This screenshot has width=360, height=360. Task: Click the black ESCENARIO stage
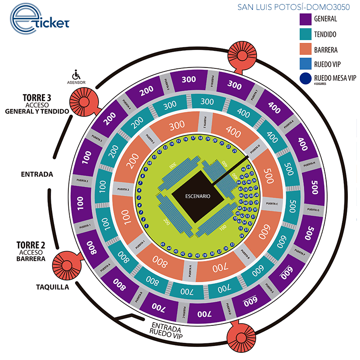(197, 197)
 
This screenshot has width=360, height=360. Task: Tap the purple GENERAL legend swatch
(308, 19)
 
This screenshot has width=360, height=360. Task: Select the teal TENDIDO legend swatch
(308, 34)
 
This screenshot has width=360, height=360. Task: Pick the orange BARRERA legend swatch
(308, 49)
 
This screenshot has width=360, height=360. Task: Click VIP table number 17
(193, 138)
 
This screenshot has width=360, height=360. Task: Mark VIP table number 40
(198, 255)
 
